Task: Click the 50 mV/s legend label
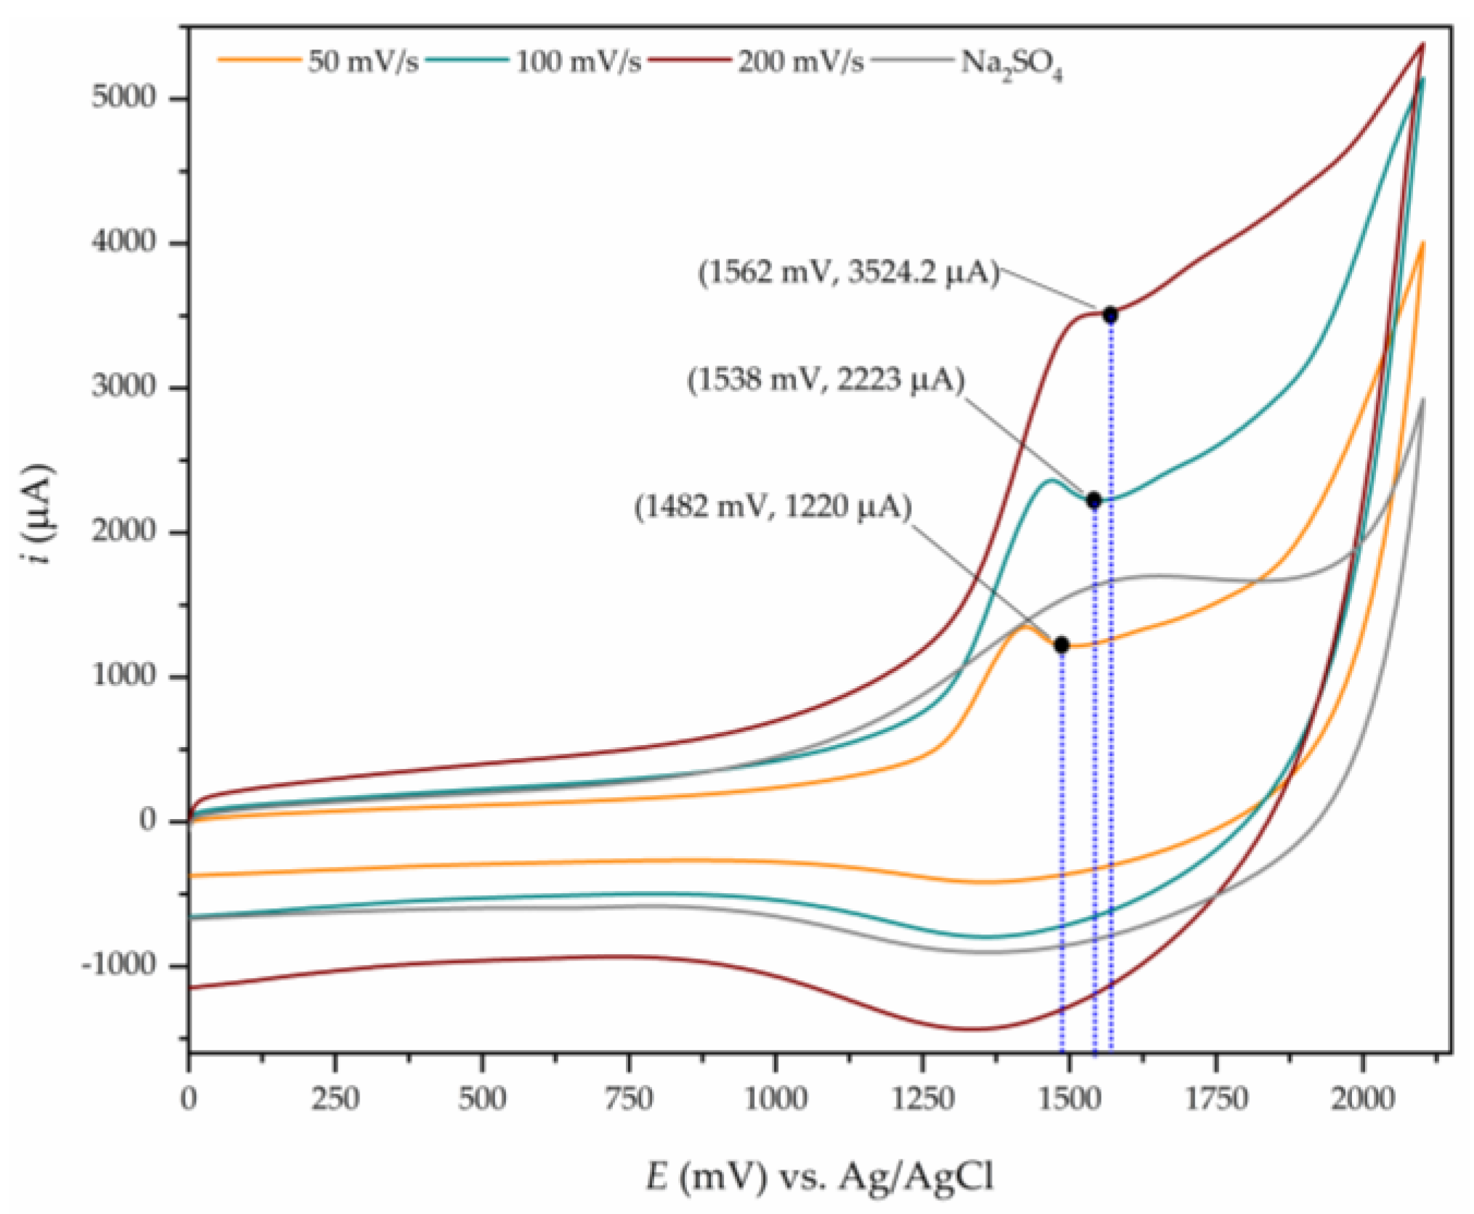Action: (x=363, y=62)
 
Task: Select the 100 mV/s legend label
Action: (x=578, y=62)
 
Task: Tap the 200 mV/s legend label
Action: (x=800, y=62)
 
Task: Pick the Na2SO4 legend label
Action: (x=1011, y=65)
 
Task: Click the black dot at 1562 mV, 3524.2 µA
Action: (x=1109, y=315)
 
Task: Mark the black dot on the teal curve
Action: (x=1094, y=500)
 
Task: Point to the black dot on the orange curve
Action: (x=1061, y=645)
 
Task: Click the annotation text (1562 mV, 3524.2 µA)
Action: (x=848, y=273)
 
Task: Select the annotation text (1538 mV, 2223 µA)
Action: (x=826, y=380)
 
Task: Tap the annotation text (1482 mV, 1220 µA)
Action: (x=773, y=506)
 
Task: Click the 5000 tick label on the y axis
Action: (x=123, y=97)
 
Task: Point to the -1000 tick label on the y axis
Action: (x=118, y=965)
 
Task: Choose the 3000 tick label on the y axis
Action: (x=123, y=386)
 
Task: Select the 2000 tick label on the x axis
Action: (x=1362, y=1099)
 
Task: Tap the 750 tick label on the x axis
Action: (x=628, y=1099)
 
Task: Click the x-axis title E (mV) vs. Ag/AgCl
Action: (x=819, y=1176)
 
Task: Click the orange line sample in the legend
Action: (x=259, y=60)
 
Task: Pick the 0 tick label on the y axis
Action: (x=148, y=820)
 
